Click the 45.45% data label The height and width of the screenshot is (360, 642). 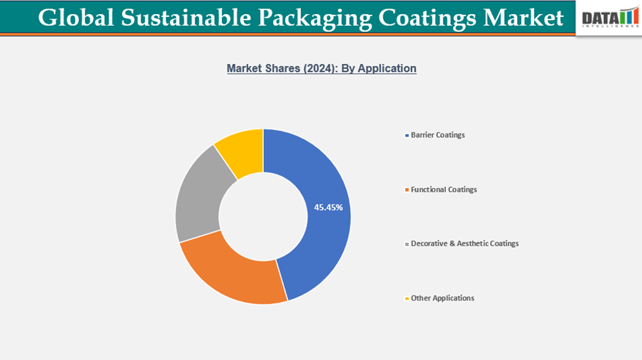coord(329,208)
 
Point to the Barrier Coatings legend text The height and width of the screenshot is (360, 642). coord(437,135)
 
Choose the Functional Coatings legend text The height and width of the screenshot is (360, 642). coord(443,190)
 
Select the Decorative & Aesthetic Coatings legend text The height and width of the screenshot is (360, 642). coord(465,244)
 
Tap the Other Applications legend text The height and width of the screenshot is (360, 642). coord(442,298)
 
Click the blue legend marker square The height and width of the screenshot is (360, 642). coord(406,136)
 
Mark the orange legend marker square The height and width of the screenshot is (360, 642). coord(406,190)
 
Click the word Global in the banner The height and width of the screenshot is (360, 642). coord(71,17)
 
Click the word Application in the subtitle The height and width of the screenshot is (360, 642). coord(386,69)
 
